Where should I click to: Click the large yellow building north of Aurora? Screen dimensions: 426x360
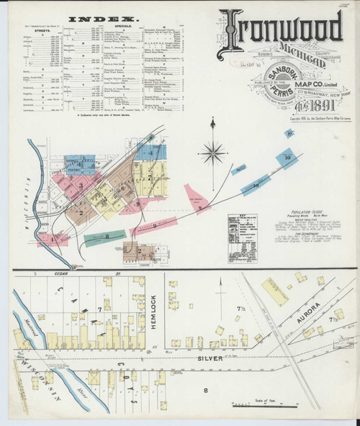[274, 291]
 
